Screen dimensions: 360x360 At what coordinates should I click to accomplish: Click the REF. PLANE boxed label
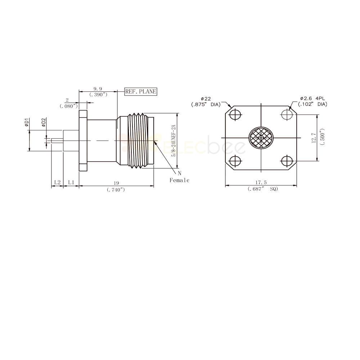pos(141,91)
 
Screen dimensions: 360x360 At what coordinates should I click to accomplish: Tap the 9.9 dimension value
pos(98,89)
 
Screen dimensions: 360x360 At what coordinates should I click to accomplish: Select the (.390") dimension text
pos(98,94)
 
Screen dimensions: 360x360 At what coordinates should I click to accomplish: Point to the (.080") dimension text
pos(69,106)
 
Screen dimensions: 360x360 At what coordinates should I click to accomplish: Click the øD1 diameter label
pos(27,122)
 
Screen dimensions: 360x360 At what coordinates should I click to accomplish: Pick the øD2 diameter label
pos(44,122)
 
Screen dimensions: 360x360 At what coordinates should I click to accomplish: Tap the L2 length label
pos(57,182)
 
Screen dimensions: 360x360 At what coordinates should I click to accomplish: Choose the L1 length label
pos(71,182)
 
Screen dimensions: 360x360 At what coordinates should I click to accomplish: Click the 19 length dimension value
pos(116,183)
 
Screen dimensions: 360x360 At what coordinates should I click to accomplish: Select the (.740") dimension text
pos(116,190)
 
